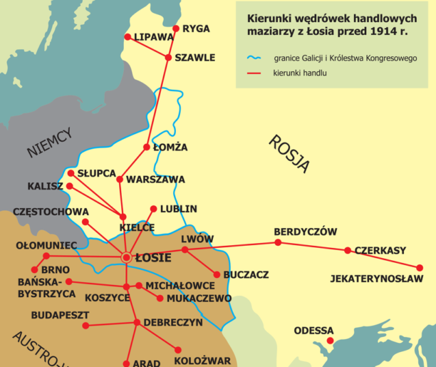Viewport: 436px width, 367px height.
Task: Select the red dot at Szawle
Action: [168, 57]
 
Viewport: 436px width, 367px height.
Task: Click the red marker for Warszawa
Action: [120, 180]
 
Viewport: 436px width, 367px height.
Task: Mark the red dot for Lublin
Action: [153, 210]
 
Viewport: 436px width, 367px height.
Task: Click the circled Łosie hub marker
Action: [126, 257]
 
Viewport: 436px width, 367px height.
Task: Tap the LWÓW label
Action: [197, 239]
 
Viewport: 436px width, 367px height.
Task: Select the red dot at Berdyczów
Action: [278, 242]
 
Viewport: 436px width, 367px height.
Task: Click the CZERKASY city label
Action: [380, 250]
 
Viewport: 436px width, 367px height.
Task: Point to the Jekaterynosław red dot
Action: [420, 268]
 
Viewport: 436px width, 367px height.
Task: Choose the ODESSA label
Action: [313, 331]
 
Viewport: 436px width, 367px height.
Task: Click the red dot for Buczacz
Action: [217, 274]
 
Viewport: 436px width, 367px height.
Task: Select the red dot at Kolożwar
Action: [177, 349]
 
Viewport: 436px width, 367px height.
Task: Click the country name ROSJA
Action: [289, 154]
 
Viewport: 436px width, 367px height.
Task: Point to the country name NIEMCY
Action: [50, 142]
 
